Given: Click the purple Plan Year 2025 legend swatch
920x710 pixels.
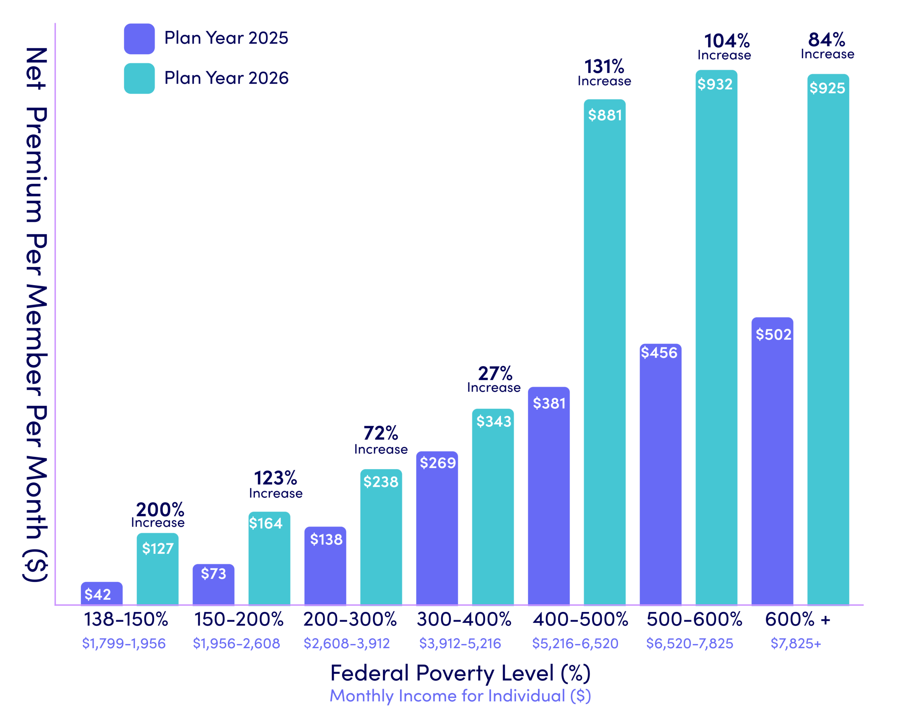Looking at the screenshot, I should click(139, 39).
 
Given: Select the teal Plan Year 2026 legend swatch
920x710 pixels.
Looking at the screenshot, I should click(139, 78).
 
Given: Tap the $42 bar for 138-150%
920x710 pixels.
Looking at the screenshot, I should click(101, 593).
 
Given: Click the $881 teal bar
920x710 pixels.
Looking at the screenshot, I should click(604, 354).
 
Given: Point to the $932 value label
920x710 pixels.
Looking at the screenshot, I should click(715, 84).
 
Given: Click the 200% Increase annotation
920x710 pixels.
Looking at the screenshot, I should click(158, 514).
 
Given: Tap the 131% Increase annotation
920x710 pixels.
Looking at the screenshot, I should click(604, 73).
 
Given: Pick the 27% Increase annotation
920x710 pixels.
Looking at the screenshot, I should click(494, 379).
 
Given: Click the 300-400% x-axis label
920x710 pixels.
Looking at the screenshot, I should click(464, 619).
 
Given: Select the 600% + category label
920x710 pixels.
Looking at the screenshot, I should click(797, 619).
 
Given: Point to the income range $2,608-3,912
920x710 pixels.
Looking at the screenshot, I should click(346, 643).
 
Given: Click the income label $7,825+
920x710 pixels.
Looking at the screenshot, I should click(795, 643).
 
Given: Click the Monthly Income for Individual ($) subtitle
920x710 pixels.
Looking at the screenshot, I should click(460, 696).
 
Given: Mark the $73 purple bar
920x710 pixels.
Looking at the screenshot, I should click(213, 585).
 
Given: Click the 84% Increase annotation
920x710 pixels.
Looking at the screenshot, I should click(827, 46).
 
